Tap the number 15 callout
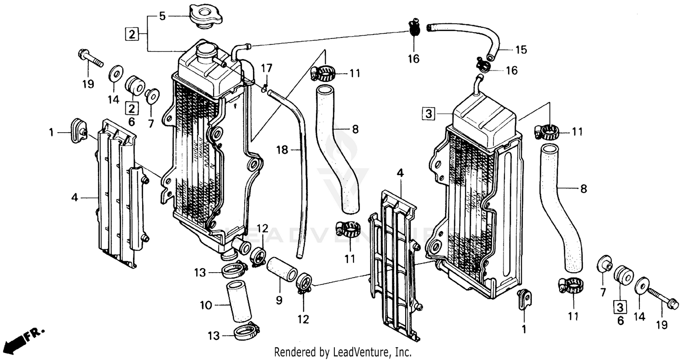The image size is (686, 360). coord(521,49)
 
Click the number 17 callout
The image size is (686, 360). coord(267,69)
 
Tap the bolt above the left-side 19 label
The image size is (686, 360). coord(90,58)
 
